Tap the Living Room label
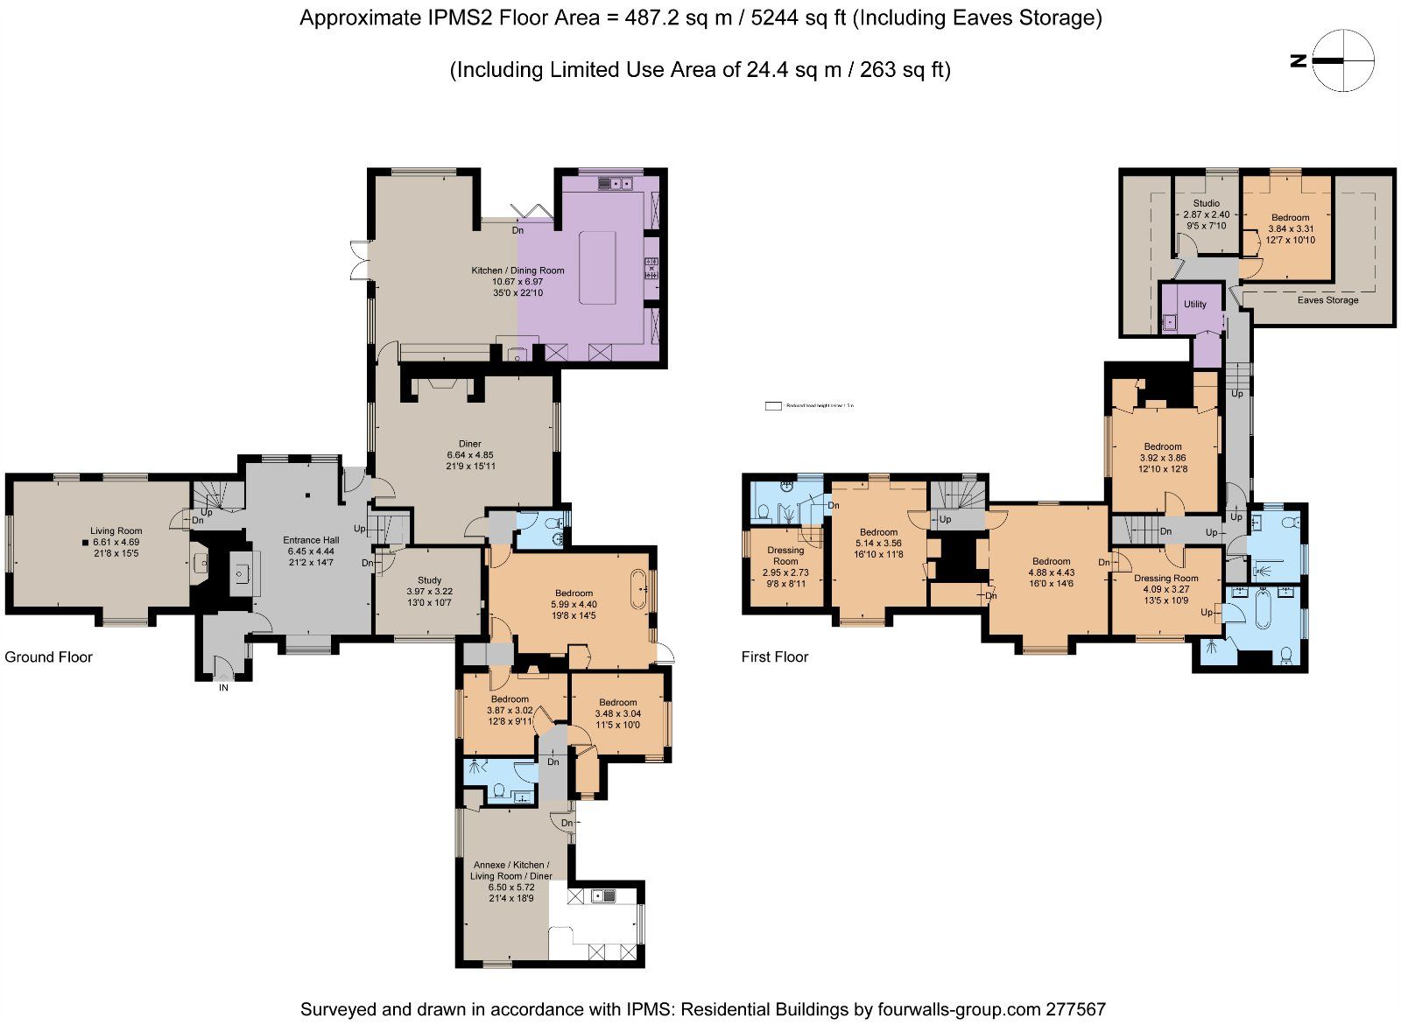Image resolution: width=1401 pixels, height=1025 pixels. coord(116,530)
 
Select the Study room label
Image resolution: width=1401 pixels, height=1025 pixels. coord(429,580)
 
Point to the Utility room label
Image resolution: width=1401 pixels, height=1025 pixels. coord(1194,305)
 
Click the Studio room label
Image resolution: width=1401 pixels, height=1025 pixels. coord(1206,203)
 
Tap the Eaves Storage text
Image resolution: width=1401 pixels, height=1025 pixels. coord(1327,300)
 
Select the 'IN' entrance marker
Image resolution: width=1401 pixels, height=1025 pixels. coord(223,688)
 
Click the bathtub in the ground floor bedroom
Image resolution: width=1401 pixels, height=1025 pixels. coord(637,589)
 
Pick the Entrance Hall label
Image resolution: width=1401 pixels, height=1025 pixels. coord(311,540)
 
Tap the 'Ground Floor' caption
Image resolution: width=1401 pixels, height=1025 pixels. coord(48,657)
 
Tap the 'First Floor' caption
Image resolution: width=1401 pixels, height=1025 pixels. coord(774,657)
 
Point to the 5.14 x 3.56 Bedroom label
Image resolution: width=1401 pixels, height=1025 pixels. coord(878,543)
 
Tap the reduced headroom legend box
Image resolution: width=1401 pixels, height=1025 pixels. coord(772,406)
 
